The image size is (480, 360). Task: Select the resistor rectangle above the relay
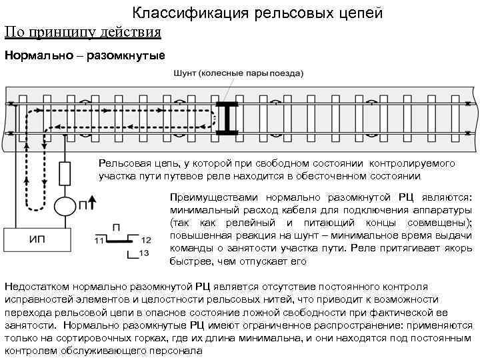coord(64,174)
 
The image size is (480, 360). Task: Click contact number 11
coord(101,240)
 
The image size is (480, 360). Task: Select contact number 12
coord(147,239)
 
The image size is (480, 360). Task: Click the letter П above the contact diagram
coord(117,227)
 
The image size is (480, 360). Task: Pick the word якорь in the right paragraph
coord(458,248)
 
